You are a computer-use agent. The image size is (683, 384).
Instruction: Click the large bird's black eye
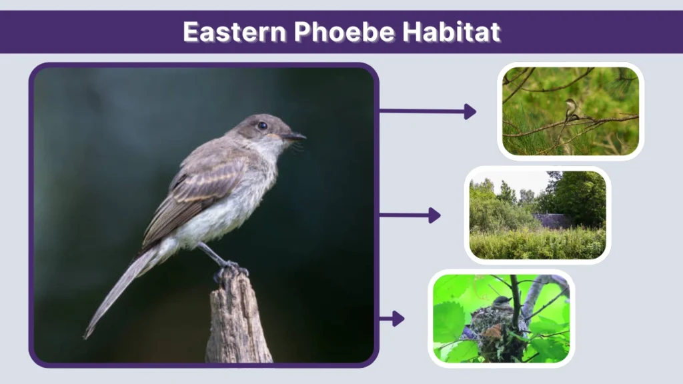pyautogui.click(x=262, y=125)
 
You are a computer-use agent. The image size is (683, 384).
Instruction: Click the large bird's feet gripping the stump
pyautogui.click(x=229, y=270)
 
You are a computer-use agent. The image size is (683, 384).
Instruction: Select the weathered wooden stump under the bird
pyautogui.click(x=237, y=320)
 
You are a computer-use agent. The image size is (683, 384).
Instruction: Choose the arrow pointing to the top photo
pyautogui.click(x=427, y=111)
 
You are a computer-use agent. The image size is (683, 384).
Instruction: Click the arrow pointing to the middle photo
pyautogui.click(x=409, y=215)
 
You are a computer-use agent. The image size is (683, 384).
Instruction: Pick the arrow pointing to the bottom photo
pyautogui.click(x=392, y=319)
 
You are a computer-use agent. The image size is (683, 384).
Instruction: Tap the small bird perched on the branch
pyautogui.click(x=570, y=109)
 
